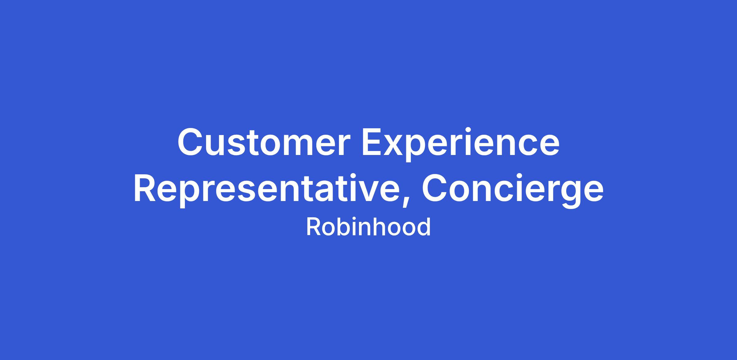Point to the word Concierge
click(513, 191)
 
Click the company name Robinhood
click(368, 227)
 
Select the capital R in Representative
click(145, 188)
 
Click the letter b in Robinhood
click(343, 227)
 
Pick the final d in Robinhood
click(424, 227)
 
